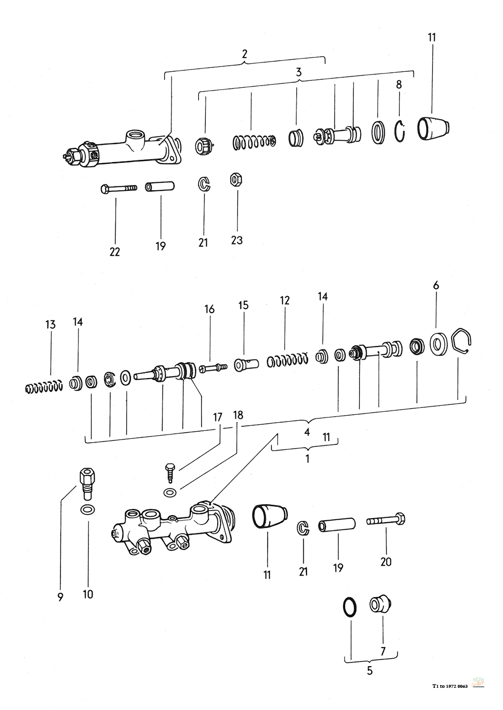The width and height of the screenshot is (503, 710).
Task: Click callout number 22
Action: coord(115,251)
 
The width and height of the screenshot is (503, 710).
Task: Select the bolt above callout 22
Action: coord(118,188)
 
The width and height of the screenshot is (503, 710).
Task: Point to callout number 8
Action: coord(399,84)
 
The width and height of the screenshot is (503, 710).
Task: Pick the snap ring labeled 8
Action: coord(400,131)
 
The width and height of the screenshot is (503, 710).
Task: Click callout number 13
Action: coord(50,325)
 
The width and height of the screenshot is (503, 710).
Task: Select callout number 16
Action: coord(209,309)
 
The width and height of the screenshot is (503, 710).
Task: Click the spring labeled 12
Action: coord(287,360)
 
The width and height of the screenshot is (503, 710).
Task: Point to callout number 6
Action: coord(436,286)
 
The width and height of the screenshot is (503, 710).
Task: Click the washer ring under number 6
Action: coord(440,344)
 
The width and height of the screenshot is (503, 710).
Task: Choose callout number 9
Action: coord(60,597)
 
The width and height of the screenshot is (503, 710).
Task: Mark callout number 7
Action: coord(383,651)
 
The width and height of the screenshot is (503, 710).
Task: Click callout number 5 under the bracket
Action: coord(370,670)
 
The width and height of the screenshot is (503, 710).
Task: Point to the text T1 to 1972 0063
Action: coord(450,686)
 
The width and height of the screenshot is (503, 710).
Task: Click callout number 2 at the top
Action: coord(244,54)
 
